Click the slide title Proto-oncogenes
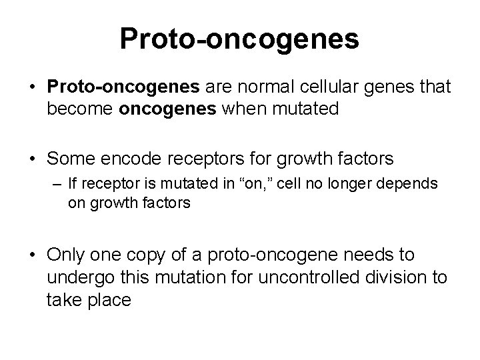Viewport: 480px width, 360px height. [239, 39]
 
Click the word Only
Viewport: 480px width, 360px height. [68, 255]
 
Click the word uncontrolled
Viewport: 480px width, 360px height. [305, 278]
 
